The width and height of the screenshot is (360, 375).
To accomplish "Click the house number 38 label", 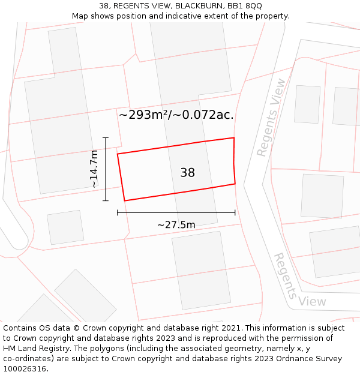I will (x=187, y=173).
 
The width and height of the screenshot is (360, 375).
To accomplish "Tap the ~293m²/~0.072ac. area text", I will (x=176, y=115).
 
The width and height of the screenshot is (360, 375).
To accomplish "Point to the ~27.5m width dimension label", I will (x=176, y=224).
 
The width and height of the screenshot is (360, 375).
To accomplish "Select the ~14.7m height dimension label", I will (x=94, y=169).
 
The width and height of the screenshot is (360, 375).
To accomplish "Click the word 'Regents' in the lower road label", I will (x=285, y=275).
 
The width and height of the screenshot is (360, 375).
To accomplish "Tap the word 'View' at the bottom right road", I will (x=312, y=301).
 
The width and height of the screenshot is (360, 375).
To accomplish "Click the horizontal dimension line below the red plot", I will (x=176, y=212).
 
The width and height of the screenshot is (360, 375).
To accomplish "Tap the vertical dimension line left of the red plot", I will (x=106, y=169).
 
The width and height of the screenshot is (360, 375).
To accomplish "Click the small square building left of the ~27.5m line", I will (x=65, y=227).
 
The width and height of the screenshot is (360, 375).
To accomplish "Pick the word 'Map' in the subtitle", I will (x=80, y=16).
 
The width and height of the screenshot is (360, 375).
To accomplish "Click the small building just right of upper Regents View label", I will (x=307, y=104).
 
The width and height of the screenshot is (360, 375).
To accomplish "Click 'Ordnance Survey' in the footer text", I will (x=310, y=359).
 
